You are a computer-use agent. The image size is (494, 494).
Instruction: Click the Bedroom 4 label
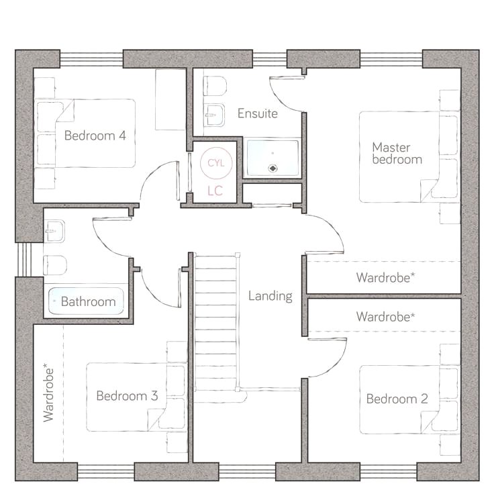coord(95,136)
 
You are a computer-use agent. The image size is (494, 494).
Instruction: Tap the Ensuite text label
coord(258,113)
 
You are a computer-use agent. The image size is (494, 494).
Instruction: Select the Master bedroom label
coord(397,154)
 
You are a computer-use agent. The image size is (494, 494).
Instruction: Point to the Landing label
coord(270,296)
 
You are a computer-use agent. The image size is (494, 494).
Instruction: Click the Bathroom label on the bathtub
coord(88,302)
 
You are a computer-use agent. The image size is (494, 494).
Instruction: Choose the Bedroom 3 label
coord(127,396)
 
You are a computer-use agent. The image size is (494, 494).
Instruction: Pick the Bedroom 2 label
coord(397,399)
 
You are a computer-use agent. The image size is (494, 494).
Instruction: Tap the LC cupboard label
coord(215,191)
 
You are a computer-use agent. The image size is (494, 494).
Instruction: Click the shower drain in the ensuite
coord(273,168)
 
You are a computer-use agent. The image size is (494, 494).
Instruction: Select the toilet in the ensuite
coord(215,86)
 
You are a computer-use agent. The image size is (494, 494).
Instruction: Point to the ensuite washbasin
coord(214,115)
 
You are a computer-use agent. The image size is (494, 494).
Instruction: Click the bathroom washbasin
coord(55,231)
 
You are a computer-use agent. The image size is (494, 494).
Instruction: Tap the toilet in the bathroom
coord(55,265)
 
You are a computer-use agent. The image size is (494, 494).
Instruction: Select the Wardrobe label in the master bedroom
coord(386,278)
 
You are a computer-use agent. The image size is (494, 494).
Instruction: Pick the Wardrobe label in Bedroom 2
coord(386,317)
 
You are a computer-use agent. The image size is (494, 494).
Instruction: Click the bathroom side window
coord(24,260)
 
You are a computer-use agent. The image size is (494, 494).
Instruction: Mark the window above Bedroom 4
coord(91,59)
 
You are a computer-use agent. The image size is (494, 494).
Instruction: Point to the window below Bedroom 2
coord(389,472)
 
